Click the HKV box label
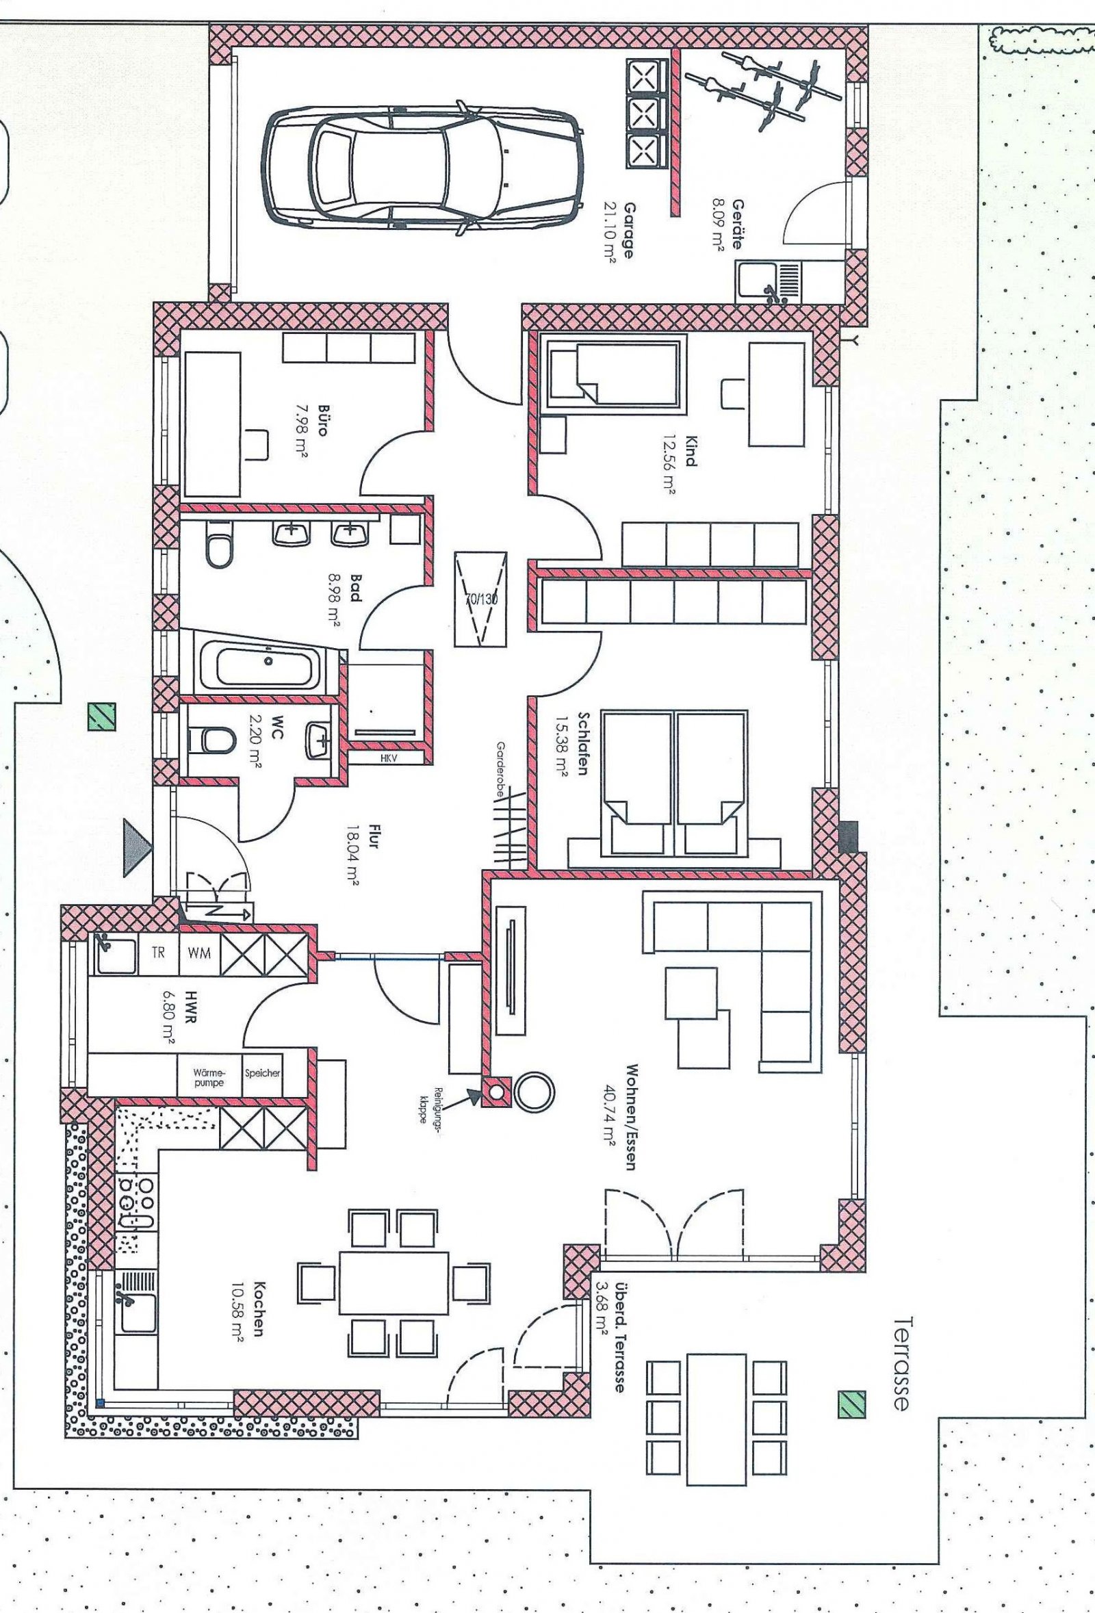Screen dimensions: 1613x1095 [387, 759]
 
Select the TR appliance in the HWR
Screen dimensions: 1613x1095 [158, 952]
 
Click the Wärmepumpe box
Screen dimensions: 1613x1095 [209, 1076]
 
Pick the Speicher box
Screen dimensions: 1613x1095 [262, 1073]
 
